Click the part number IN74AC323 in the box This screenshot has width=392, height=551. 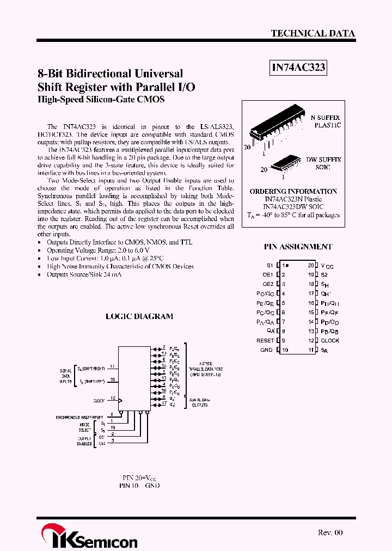(298, 68)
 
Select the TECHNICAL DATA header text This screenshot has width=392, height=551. (313, 33)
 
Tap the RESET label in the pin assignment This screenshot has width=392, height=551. (265, 340)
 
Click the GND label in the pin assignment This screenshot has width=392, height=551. (267, 350)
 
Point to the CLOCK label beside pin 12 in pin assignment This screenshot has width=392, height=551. (330, 340)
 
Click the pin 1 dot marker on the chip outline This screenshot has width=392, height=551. (287, 265)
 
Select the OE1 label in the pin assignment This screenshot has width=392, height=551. (267, 275)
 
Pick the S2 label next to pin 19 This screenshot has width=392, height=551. (324, 275)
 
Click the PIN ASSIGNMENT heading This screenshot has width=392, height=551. (298, 247)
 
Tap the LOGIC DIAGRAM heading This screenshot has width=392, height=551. (139, 316)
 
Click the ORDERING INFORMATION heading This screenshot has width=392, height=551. (293, 192)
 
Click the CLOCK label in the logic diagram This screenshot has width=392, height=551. (99, 401)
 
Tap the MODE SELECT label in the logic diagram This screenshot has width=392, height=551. (85, 426)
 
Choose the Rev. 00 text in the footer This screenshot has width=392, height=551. (330, 532)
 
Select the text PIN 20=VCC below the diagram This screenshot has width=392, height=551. (139, 477)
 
